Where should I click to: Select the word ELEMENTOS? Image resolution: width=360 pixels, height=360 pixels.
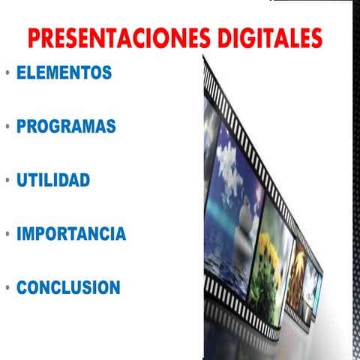click(64, 73)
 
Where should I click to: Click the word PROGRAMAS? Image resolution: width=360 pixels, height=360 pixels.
click(66, 127)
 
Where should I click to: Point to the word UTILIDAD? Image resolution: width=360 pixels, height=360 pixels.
click(53, 181)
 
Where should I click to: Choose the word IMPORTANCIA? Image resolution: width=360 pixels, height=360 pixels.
click(71, 234)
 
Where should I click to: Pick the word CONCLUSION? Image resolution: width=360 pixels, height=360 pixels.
click(68, 287)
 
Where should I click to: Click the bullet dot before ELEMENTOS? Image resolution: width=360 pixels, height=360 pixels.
click(7, 74)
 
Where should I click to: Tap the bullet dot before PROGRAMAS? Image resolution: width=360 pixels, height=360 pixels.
click(7, 127)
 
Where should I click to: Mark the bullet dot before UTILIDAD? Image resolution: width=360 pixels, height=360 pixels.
click(7, 181)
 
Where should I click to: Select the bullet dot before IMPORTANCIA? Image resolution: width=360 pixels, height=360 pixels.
click(7, 235)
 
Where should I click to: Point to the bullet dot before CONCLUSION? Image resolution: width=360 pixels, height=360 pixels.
click(7, 288)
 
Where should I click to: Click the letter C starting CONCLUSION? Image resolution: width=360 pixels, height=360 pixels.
click(22, 287)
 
